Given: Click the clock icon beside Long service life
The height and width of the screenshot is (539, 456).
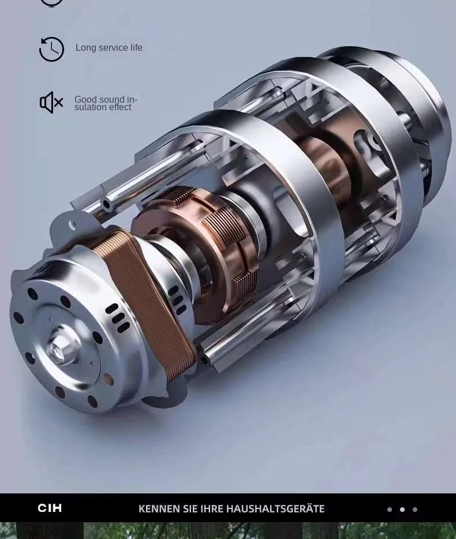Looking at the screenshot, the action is point(51,49).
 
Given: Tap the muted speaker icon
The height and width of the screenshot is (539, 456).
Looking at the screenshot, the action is point(51,102).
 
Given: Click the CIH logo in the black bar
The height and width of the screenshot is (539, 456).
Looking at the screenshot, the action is point(50,508).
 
